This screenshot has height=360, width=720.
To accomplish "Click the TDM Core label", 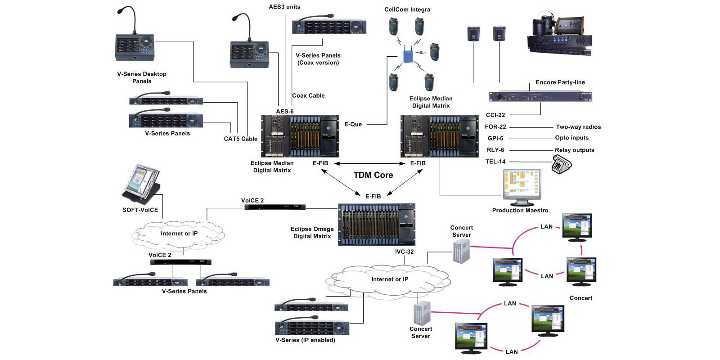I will pyautogui.click(x=373, y=175).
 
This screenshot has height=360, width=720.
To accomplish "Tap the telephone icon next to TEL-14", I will pyautogui.click(x=561, y=164).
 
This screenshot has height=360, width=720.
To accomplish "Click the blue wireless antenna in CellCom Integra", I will pyautogui.click(x=408, y=55).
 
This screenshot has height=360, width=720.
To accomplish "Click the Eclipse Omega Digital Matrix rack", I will pyautogui.click(x=377, y=225).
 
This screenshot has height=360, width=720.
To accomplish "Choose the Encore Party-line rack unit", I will pyautogui.click(x=540, y=96).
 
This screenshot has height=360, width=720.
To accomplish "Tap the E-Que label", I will pyautogui.click(x=353, y=124).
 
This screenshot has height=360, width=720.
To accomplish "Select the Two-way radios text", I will pyautogui.click(x=578, y=127).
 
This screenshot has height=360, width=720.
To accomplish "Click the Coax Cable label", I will pyautogui.click(x=308, y=95).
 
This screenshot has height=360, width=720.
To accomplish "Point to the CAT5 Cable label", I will pyautogui.click(x=241, y=139).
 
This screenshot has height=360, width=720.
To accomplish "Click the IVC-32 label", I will pyautogui.click(x=404, y=252).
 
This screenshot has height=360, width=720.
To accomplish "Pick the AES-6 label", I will pyautogui.click(x=285, y=111).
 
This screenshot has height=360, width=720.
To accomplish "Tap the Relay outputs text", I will pyautogui.click(x=574, y=150).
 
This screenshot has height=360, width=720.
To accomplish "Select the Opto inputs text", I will pyautogui.click(x=571, y=138).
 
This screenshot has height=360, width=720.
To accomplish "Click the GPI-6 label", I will pyautogui.click(x=495, y=138).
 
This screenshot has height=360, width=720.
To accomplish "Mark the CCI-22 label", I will pyautogui.click(x=495, y=115).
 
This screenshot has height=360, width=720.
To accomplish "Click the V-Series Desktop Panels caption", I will pyautogui.click(x=142, y=77).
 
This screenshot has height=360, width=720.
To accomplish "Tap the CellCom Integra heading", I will pyautogui.click(x=407, y=9).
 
